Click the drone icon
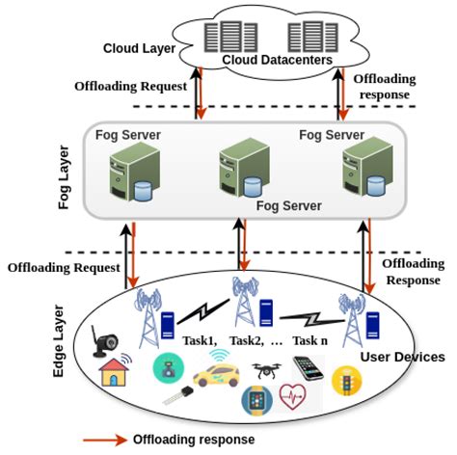[269, 369]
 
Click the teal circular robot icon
[165, 368]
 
